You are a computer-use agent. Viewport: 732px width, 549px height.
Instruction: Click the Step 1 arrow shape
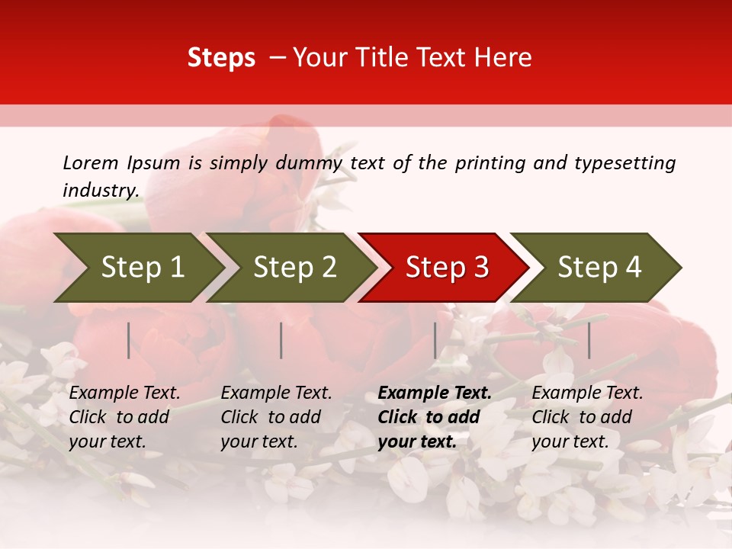coord(142,268)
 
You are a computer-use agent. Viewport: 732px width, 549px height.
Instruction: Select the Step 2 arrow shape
coord(294,268)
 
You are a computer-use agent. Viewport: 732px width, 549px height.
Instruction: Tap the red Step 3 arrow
coord(447,268)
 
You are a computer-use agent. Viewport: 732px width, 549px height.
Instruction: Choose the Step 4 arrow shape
coord(599,268)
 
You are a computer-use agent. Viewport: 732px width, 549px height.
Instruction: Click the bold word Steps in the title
coord(221,58)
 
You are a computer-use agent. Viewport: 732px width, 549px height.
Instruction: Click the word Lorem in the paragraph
coord(91,162)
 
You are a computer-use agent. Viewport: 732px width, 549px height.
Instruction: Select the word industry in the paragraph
coord(100,190)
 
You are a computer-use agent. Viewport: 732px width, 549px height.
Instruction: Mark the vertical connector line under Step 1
coord(129,340)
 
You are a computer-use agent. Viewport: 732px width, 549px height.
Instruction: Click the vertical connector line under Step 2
coord(281,340)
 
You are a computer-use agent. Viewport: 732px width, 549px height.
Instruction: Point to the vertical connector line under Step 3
coord(435,340)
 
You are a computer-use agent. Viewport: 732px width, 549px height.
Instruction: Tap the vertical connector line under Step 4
coord(589,340)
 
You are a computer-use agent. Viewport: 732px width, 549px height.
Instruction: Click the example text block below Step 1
coord(124,417)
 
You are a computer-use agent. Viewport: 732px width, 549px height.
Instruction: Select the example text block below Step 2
coord(276,417)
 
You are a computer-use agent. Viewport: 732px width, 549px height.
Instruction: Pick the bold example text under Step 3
coord(435,417)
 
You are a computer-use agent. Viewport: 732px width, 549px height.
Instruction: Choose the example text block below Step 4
coord(587,417)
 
